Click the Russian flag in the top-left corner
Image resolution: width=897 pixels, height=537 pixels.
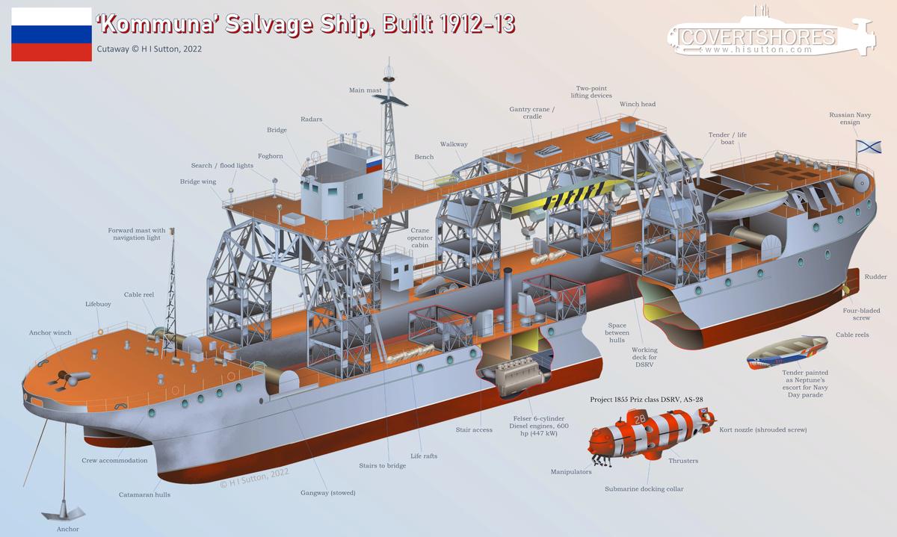click(x=52, y=34)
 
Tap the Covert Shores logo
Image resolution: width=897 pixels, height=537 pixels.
click(x=771, y=35)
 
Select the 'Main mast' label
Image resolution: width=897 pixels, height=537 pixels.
click(x=366, y=90)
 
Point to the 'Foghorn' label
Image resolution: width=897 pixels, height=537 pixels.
click(x=271, y=156)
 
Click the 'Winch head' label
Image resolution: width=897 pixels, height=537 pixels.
click(x=638, y=104)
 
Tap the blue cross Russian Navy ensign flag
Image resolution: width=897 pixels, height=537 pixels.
click(x=869, y=146)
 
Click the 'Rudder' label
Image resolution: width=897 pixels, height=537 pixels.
click(x=875, y=276)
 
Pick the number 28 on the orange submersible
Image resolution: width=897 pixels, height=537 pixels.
click(x=640, y=418)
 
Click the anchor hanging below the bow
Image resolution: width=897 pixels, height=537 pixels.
click(x=64, y=512)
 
